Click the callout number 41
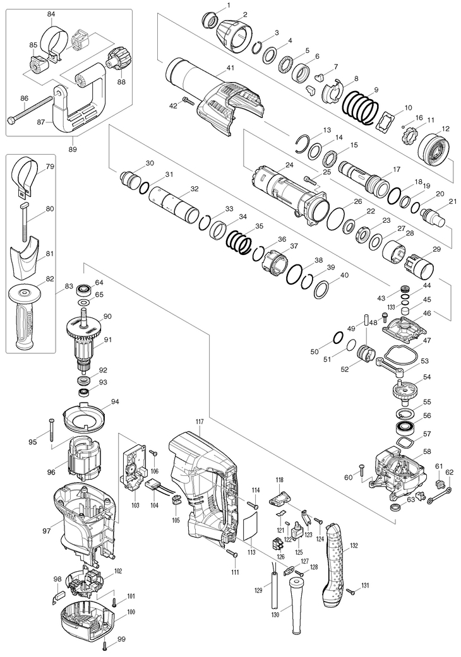pyautogui.click(x=230, y=68)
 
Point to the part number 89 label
pyautogui.click(x=73, y=149)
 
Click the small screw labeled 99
pyautogui.click(x=105, y=646)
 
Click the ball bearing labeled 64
pyautogui.click(x=84, y=290)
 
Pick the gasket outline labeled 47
pyautogui.click(x=400, y=357)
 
